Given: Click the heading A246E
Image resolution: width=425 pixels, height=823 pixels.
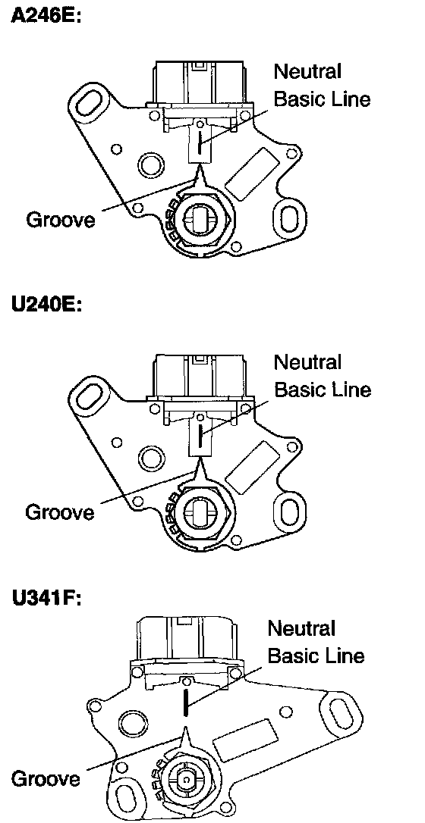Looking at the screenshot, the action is (47, 17).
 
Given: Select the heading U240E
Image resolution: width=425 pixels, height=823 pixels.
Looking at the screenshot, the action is (47, 306).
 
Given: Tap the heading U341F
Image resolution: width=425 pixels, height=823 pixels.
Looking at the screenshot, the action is (47, 599).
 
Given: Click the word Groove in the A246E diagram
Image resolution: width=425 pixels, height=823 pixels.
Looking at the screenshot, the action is (61, 219).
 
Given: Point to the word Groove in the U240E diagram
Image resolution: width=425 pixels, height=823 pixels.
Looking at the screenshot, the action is (61, 512).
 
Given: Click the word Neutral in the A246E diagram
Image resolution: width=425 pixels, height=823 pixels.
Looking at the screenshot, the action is (308, 71).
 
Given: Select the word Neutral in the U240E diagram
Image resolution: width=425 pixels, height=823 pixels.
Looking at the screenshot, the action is (308, 361).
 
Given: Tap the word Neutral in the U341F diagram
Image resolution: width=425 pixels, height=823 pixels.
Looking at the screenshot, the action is (301, 627).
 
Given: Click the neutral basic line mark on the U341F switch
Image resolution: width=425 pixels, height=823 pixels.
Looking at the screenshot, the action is (185, 703).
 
